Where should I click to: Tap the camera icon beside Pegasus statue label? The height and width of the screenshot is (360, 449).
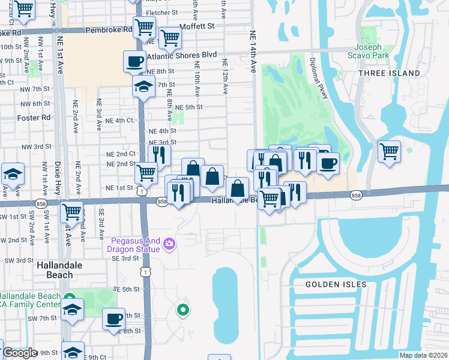tap(169, 243)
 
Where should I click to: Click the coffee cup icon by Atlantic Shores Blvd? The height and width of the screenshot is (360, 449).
tap(135, 61)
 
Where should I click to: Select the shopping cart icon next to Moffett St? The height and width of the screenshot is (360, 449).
tap(170, 38)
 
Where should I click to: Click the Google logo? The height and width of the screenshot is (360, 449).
tap(19, 353)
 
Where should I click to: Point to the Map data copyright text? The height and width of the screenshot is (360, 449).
tap(423, 355)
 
